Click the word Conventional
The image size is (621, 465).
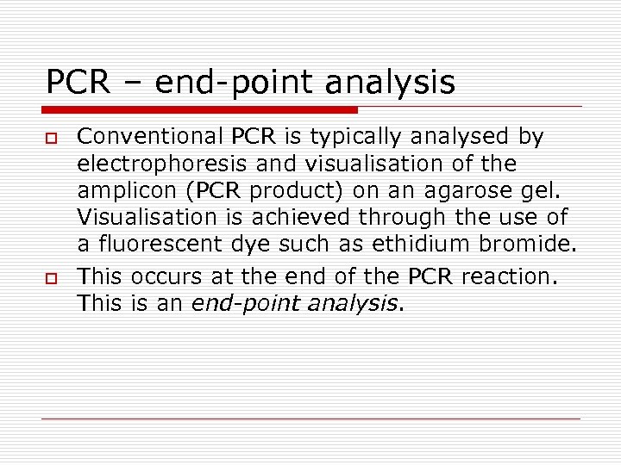[151, 135]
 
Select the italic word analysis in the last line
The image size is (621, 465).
[354, 304]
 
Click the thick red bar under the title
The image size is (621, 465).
[199, 110]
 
